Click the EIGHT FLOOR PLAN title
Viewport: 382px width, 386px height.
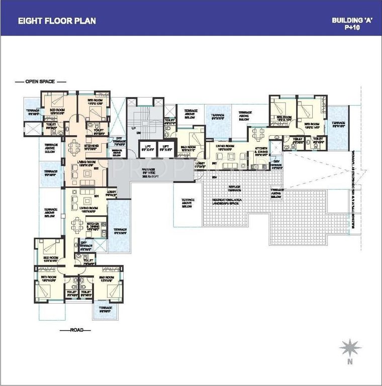point(57,21)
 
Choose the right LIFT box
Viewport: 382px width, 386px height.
point(165,146)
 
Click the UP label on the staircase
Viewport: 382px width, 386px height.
point(133,129)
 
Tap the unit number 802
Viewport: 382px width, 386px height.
point(96,168)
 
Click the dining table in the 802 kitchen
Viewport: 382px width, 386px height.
point(74,147)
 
